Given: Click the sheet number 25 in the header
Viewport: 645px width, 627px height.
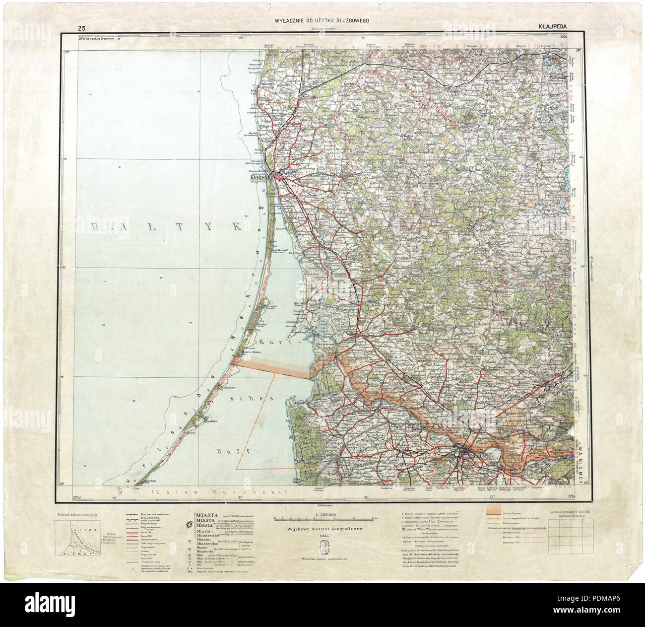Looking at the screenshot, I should point(81,27).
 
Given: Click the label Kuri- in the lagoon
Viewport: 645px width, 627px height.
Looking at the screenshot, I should point(270,343).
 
